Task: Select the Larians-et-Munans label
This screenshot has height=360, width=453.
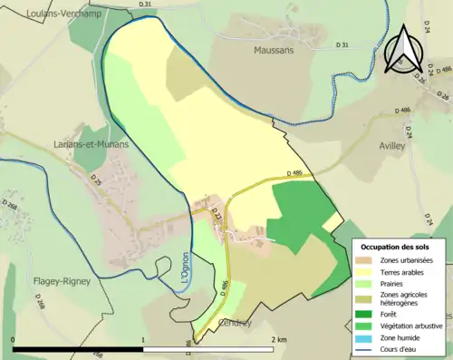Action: pyautogui.click(x=91, y=144)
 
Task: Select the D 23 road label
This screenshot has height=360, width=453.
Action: pyautogui.click(x=217, y=216)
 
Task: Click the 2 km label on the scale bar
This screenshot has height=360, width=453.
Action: pyautogui.click(x=279, y=339)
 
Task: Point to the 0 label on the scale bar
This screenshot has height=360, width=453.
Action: pyautogui.click(x=14, y=339)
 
